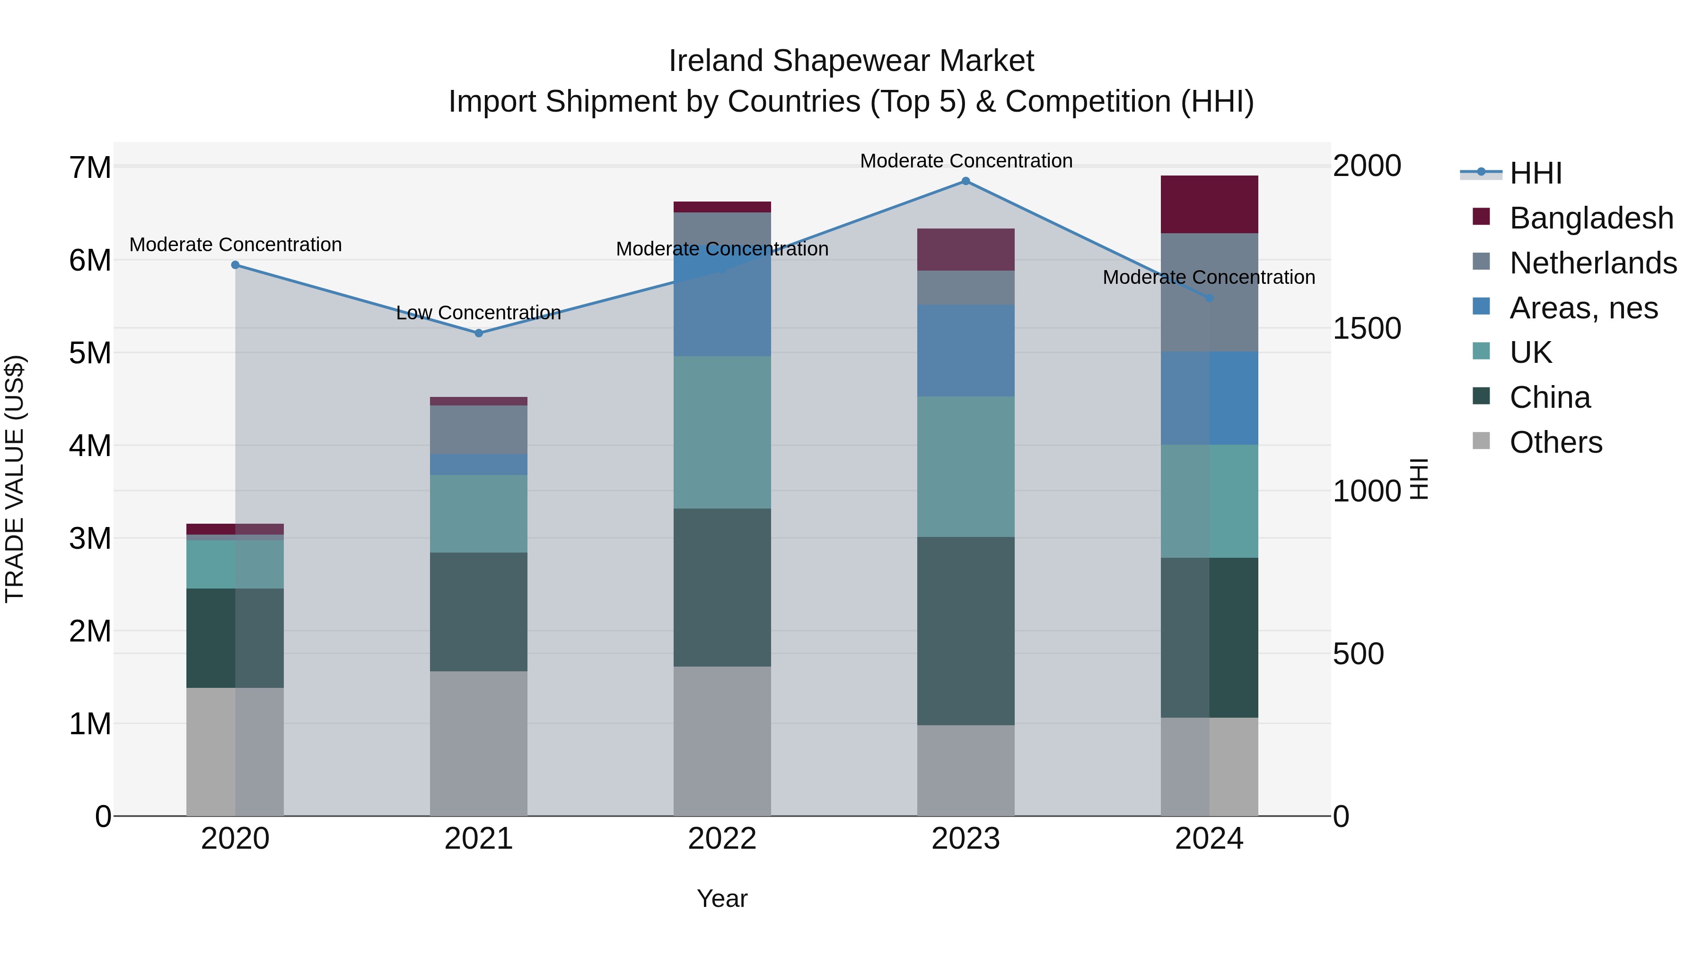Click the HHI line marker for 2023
pyautogui.click(x=965, y=181)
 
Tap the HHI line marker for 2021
pyautogui.click(x=479, y=333)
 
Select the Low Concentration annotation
pyautogui.click(x=479, y=313)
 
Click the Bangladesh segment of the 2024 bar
pyautogui.click(x=1209, y=204)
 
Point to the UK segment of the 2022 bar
pyautogui.click(x=722, y=432)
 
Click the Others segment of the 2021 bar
pyautogui.click(x=479, y=743)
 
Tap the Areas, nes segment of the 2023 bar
pyautogui.click(x=965, y=351)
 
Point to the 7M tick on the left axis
pyautogui.click(x=90, y=168)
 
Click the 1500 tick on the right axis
pyautogui.click(x=1366, y=329)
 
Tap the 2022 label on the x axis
pyautogui.click(x=722, y=839)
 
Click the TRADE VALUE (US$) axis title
pyautogui.click(x=15, y=479)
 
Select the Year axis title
pyautogui.click(x=722, y=898)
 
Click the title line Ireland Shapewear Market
pyautogui.click(x=851, y=61)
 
